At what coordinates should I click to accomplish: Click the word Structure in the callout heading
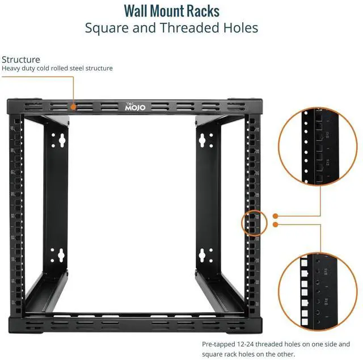coord(21,59)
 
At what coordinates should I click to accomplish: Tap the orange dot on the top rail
coord(73,106)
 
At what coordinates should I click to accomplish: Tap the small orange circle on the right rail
coord(254,221)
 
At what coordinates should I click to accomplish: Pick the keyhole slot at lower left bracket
coord(57,256)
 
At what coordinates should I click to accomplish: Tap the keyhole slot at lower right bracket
coord(202,256)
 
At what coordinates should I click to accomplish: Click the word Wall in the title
coord(140,11)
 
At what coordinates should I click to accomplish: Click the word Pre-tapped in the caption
coord(218,344)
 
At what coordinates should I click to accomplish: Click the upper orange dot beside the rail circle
coord(275,216)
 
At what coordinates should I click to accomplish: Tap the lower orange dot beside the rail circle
coord(275,225)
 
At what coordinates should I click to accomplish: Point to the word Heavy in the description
coord(11,69)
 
